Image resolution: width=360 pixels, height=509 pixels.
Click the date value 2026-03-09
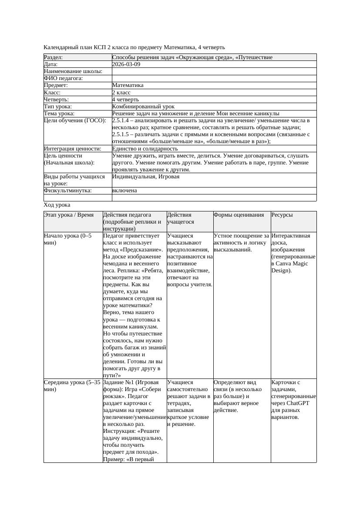(126, 64)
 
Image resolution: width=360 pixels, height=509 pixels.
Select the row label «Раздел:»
(54, 57)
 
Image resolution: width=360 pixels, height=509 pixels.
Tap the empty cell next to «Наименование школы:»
(214, 71)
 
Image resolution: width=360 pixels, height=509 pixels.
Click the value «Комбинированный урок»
(143, 106)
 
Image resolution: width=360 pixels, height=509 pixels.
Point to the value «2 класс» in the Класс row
(121, 92)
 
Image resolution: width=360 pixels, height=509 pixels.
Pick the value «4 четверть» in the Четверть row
(125, 99)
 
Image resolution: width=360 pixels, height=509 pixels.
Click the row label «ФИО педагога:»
(64, 78)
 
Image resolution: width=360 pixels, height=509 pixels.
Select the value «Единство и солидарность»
(145, 148)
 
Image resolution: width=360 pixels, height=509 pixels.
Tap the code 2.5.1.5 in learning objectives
(122, 134)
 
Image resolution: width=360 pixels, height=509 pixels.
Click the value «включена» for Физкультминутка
(124, 191)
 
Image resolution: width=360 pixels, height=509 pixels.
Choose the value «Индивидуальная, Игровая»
(145, 177)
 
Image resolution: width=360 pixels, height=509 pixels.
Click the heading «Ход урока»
(57, 205)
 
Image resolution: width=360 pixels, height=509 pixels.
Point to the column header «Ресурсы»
(283, 215)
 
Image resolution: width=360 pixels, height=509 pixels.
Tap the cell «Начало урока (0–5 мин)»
(68, 239)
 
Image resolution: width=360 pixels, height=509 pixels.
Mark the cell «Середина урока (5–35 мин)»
(72, 385)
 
